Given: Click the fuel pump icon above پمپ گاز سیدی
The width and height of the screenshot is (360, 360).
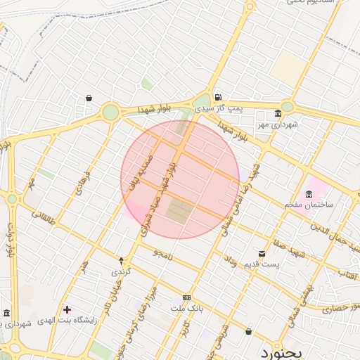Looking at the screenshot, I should pos(219,97).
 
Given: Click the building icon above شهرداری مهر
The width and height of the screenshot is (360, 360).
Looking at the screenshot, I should pos(278,113).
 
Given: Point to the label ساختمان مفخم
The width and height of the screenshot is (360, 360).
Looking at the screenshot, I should pos(309,204).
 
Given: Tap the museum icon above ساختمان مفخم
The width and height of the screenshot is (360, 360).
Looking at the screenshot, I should pos(309,193).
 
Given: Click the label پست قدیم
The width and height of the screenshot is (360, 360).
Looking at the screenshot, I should pos(262,264).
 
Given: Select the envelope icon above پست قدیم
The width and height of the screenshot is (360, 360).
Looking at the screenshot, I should pos(262,253).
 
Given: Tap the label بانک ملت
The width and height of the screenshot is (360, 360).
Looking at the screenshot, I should pos(186,308).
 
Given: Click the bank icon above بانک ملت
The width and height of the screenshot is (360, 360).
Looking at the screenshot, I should pos(186,297).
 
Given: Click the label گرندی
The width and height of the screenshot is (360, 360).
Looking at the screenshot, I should pos(120,271).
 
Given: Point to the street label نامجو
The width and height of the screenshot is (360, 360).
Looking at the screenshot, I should pos(161,252).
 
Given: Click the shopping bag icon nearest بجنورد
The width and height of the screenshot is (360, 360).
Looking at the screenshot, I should pos(248,331).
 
